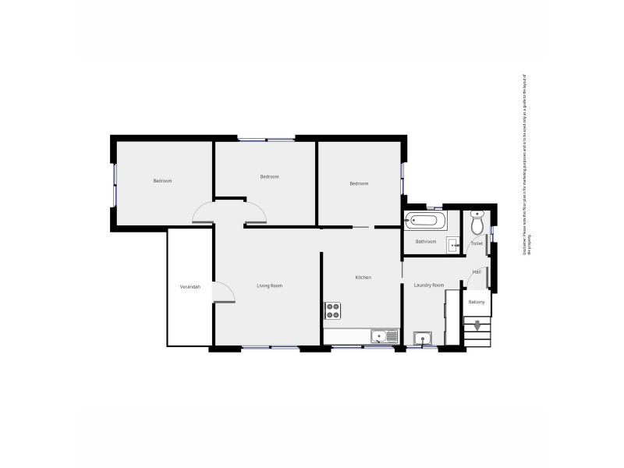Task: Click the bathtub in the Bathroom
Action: tap(425, 221)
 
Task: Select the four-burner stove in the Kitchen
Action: tap(333, 310)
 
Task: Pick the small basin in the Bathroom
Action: tap(454, 245)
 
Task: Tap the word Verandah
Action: tap(190, 287)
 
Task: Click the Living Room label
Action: tap(270, 286)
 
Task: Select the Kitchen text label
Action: tap(363, 278)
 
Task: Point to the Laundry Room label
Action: tap(428, 285)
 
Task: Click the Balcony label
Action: tap(477, 302)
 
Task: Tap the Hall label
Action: tap(476, 272)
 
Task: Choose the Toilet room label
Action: tap(477, 243)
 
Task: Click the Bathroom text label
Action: tap(426, 242)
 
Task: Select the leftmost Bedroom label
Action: tap(162, 181)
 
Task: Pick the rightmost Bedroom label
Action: tap(359, 183)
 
